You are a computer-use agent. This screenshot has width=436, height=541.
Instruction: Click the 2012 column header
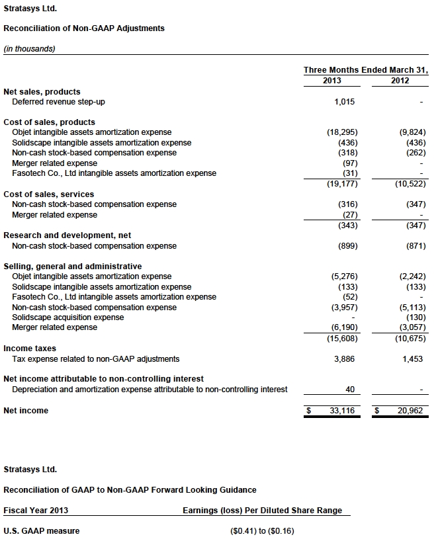(x=400, y=81)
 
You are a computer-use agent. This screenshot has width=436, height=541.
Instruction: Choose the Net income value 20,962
(x=410, y=411)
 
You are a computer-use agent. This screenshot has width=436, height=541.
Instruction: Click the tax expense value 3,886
(x=345, y=359)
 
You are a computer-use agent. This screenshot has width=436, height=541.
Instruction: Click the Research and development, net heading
(x=58, y=235)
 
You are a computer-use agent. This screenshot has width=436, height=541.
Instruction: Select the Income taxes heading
(x=30, y=349)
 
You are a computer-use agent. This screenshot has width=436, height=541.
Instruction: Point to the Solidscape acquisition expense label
(x=68, y=317)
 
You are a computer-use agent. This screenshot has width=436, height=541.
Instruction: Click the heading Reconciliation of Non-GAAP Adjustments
(x=84, y=28)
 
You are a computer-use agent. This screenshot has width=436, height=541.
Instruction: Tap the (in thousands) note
(x=29, y=48)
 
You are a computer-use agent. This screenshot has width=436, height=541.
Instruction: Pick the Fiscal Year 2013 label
(x=36, y=510)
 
